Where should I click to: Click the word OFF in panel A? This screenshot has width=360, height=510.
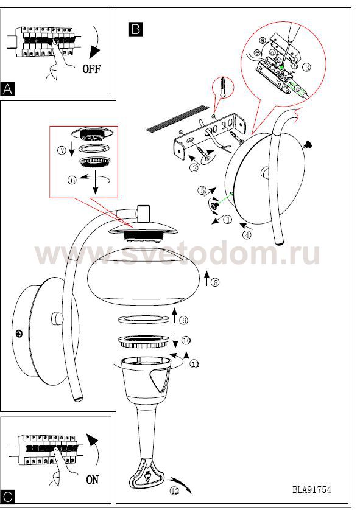pos(91,69)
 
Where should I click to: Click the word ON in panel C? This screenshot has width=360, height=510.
pos(93,480)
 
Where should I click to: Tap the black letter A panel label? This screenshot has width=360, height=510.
pos(7,88)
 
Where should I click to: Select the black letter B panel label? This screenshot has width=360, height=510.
pos(135,29)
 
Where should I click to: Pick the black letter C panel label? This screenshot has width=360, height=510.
pos(7,497)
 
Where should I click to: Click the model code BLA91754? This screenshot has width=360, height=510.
pos(312,489)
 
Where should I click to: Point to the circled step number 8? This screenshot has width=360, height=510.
pos(215,282)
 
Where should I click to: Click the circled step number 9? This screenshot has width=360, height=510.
pos(184,320)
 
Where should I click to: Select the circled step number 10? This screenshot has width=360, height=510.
pos(186,341)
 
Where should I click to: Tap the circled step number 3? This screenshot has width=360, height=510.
pos(306,68)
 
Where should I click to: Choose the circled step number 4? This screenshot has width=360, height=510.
pos(247,234)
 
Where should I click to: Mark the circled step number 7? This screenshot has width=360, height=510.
pos(62,150)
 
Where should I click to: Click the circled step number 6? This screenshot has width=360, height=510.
pos(72,180)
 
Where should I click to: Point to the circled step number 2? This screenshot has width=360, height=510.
pos(194,167)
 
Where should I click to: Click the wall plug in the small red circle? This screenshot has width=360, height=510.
pos(223,87)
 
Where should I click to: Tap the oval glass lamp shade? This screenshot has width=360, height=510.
pos(144,276)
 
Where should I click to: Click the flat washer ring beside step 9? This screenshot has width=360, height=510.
pos(144,319)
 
